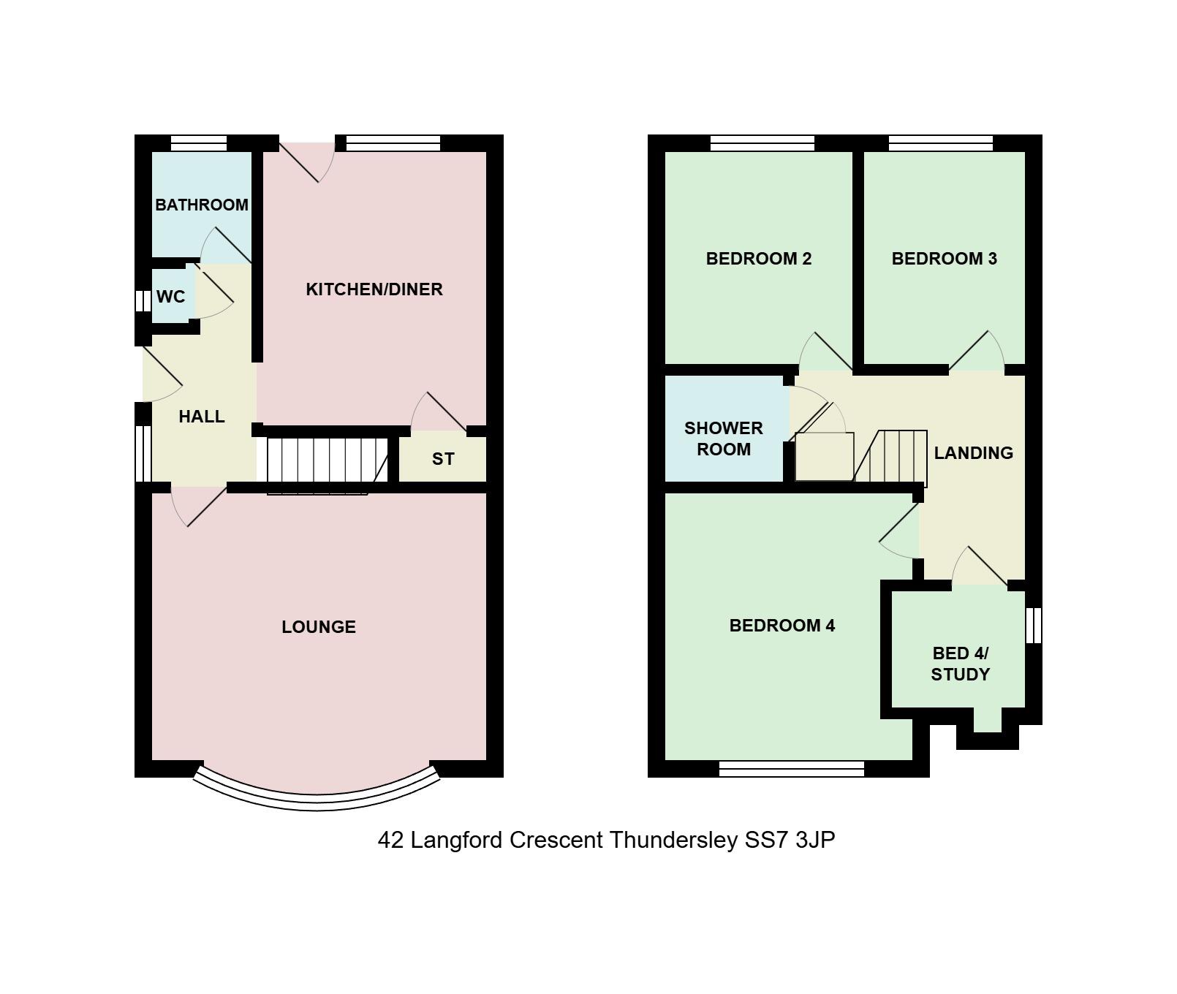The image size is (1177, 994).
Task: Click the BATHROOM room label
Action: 202,205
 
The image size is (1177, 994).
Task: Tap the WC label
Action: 171,297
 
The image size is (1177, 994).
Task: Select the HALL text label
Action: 202,417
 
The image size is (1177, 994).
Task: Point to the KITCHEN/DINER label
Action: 374,289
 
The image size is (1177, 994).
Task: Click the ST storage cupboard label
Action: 443,459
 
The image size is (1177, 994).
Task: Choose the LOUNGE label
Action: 319,627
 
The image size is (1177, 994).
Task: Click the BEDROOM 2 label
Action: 759,259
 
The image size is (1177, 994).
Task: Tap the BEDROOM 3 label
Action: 945,259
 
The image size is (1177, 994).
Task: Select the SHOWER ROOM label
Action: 724,439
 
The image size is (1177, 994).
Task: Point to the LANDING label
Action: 974,453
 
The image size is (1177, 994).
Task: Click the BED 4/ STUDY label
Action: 961,664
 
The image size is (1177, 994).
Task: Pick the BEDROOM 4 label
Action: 782,626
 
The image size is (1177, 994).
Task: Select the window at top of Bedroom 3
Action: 941,143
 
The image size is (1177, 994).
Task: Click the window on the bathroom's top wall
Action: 199,143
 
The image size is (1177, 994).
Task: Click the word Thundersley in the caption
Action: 673,841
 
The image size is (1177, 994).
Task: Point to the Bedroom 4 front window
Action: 792,768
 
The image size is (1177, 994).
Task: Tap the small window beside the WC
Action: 143,301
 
